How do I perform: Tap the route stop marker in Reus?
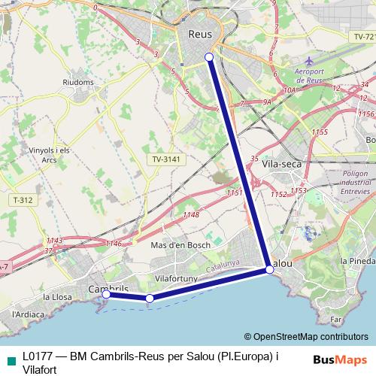209,57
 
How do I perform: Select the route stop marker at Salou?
269,268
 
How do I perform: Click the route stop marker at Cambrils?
106,295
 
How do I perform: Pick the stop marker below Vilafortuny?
150,299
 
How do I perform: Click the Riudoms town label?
79,82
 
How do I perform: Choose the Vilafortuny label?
175,278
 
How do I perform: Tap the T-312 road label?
23,199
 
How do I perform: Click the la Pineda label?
357,260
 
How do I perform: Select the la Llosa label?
58,297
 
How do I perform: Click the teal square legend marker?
11,361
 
